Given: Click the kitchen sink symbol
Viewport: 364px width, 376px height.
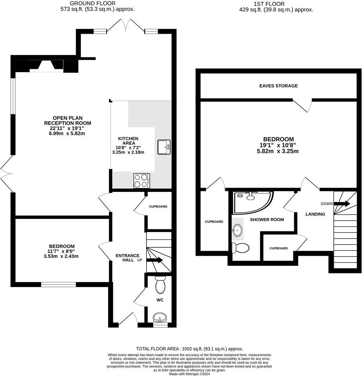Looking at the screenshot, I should [164, 147].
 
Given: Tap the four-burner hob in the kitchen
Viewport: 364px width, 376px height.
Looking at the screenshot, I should [141, 180].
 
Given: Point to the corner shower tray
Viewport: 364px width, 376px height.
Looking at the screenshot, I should [251, 202].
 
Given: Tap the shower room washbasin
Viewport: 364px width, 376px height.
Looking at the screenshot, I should [237, 229].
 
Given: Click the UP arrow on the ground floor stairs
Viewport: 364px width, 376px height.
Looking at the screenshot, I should [154, 260].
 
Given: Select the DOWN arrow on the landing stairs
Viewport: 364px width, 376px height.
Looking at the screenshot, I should [342, 204].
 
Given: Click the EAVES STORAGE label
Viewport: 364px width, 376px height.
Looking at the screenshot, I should [278, 86].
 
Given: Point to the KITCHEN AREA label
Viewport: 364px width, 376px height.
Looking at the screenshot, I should [128, 141].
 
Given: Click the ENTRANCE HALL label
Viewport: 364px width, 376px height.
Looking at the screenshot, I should [127, 256].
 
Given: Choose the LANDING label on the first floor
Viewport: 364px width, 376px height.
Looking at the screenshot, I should [315, 214].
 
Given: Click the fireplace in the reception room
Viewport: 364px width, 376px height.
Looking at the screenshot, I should [46, 66].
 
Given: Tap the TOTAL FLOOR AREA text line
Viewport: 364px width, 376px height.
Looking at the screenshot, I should [190, 349].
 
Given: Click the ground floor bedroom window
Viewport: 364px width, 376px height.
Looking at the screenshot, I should [58, 285].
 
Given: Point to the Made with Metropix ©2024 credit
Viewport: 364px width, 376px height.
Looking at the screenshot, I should [190, 373].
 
